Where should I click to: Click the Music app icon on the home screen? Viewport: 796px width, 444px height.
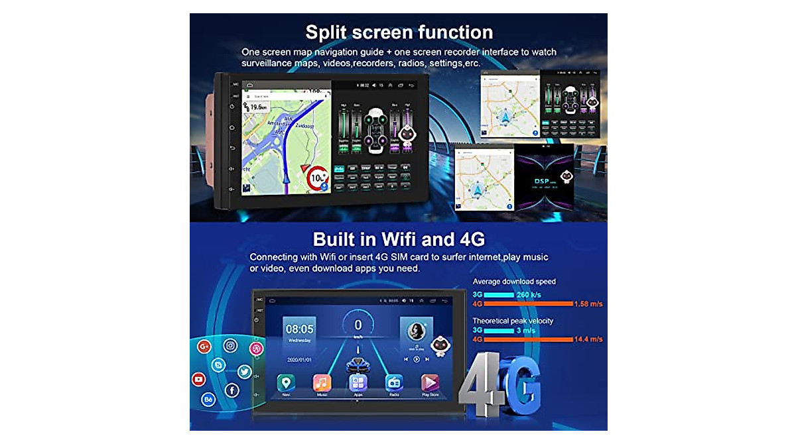(x=322, y=382)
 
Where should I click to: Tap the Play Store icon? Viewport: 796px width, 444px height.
(x=431, y=382)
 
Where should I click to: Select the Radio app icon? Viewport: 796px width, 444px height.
(x=394, y=382)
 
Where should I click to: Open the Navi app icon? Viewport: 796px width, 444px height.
(x=286, y=382)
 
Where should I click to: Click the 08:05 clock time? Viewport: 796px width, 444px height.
(x=299, y=329)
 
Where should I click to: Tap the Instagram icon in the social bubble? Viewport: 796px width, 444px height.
(x=230, y=345)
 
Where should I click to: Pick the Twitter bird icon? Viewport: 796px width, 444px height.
(x=244, y=372)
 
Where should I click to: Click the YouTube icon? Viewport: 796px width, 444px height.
(x=198, y=379)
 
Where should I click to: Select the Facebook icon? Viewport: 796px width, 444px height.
(x=232, y=390)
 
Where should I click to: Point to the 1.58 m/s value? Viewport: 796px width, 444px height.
(x=588, y=304)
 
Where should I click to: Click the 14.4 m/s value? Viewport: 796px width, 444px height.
(x=588, y=339)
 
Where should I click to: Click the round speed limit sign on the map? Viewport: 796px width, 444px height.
(x=317, y=178)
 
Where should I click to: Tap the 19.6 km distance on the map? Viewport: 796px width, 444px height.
(x=259, y=107)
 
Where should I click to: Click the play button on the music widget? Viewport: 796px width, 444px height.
(x=417, y=359)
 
